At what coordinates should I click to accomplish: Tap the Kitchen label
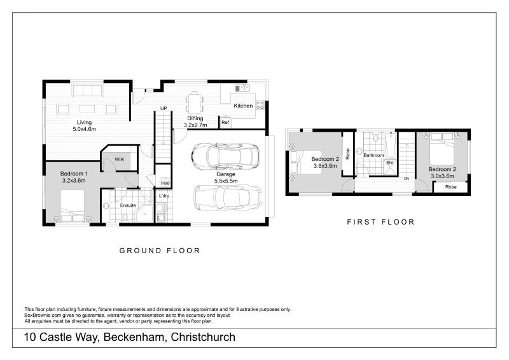(x=243, y=106)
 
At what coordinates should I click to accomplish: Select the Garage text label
(x=227, y=174)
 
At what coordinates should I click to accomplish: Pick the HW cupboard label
(x=164, y=183)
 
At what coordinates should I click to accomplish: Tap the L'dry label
(x=164, y=196)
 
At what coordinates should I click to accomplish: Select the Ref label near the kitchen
(x=225, y=122)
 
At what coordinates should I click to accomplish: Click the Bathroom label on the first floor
(x=373, y=155)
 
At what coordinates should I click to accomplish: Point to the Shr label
(x=390, y=163)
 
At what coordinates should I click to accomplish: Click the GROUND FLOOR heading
(x=160, y=251)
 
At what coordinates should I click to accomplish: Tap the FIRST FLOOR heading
(x=380, y=222)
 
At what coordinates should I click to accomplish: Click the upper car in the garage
(x=226, y=155)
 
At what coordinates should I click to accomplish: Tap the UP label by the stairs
(x=164, y=109)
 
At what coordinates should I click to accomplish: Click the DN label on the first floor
(x=407, y=179)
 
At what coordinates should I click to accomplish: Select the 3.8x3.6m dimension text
(x=324, y=166)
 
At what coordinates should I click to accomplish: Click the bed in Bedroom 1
(x=73, y=207)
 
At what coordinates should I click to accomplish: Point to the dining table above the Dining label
(x=195, y=102)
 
